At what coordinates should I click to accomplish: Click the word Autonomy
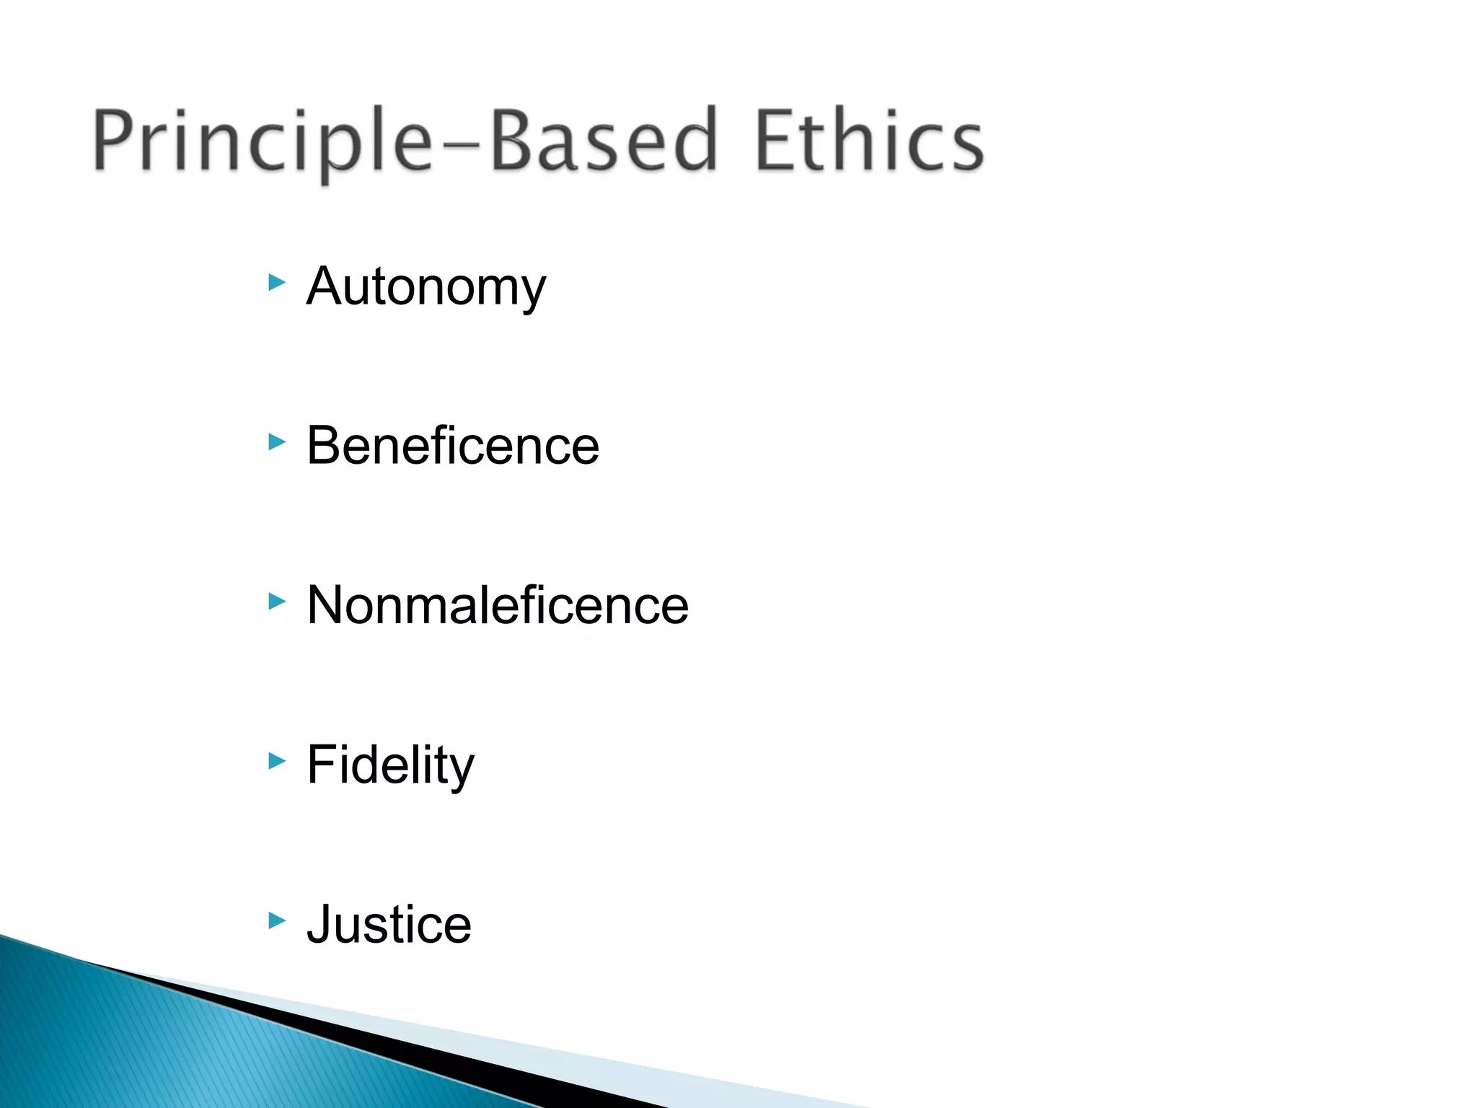point(426,287)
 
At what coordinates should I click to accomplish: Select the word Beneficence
point(453,446)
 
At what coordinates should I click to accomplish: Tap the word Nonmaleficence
point(498,605)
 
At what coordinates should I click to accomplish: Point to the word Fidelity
point(390,765)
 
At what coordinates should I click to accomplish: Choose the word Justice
point(389,924)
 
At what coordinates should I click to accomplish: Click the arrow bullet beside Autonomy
point(277,282)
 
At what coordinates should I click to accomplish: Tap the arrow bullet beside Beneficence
point(277,441)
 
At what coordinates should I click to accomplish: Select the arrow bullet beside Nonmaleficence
point(277,601)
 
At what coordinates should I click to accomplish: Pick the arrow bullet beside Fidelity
point(277,760)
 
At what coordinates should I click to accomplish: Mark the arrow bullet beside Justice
point(277,920)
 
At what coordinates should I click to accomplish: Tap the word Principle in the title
point(263,143)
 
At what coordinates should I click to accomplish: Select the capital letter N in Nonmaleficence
point(327,605)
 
